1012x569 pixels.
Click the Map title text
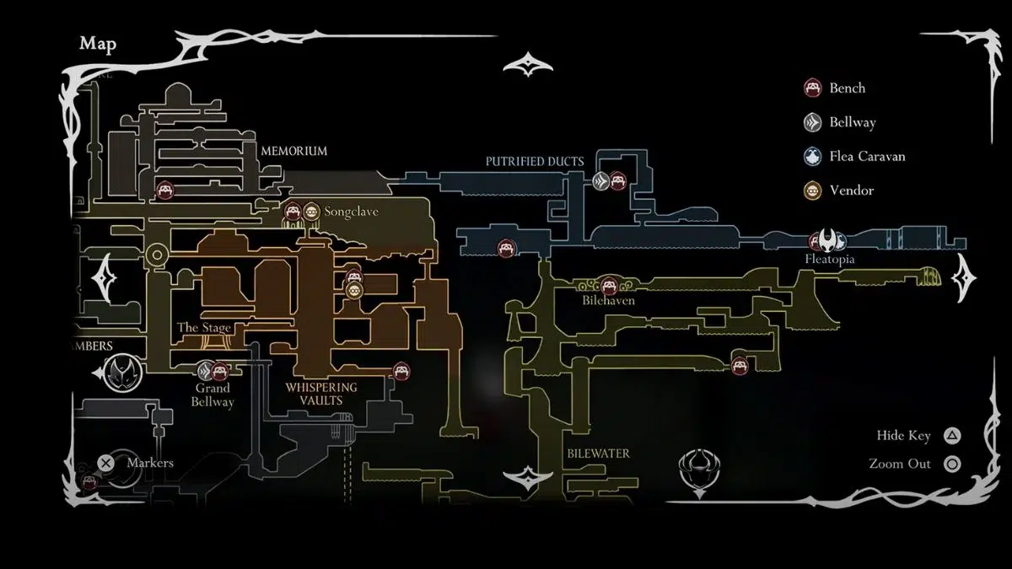[x=98, y=44]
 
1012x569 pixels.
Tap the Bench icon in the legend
[x=813, y=88]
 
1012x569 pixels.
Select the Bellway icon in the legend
[x=813, y=122]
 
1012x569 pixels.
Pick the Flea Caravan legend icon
[x=813, y=156]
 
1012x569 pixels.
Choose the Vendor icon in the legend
[x=813, y=191]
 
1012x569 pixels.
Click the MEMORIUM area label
[x=293, y=151]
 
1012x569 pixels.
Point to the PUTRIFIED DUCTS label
[x=535, y=161]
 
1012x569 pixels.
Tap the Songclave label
[x=352, y=212]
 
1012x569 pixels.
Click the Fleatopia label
[x=830, y=260]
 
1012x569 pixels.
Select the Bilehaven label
[x=608, y=300]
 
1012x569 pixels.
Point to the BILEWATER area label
[x=598, y=454]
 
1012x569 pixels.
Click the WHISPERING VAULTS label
[x=320, y=394]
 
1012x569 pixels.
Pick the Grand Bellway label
[x=213, y=395]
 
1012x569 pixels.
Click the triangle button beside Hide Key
[x=951, y=436]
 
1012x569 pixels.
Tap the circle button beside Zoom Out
[x=951, y=464]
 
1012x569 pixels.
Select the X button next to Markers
[x=105, y=463]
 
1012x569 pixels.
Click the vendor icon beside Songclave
[x=311, y=211]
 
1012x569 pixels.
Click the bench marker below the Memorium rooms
[x=165, y=190]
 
